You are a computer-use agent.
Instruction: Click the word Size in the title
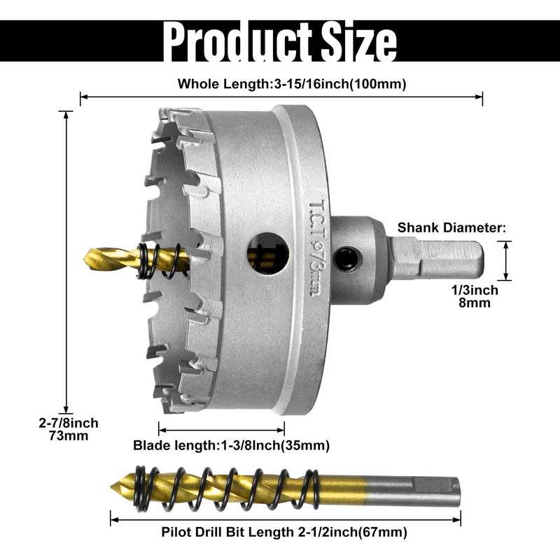(359, 41)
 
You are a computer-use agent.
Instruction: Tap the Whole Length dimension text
(292, 84)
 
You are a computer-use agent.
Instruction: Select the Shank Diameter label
(451, 227)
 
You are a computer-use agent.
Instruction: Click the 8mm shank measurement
(475, 303)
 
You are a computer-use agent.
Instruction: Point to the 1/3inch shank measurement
(475, 290)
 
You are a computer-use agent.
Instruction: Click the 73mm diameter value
(69, 435)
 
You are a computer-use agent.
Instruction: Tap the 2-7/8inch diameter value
(69, 423)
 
